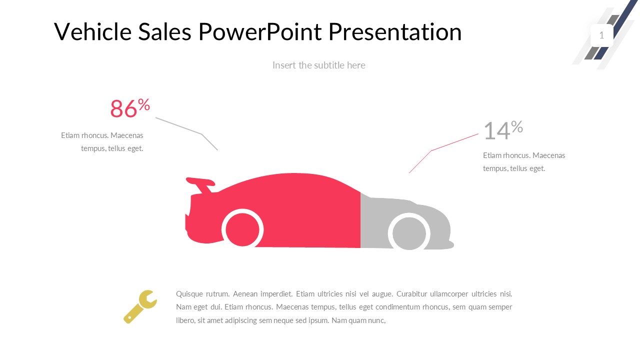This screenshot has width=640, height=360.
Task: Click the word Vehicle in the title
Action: tap(92, 31)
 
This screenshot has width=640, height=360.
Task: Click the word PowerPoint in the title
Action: tap(259, 31)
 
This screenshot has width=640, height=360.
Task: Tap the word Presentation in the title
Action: tap(395, 31)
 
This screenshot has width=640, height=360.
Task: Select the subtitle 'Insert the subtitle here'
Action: tap(319, 65)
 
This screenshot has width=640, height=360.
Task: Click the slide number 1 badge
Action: tap(601, 35)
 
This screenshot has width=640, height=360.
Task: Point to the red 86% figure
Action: tap(130, 107)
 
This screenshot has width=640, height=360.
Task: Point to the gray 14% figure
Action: tap(503, 130)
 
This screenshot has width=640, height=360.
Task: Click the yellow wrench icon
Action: tap(140, 307)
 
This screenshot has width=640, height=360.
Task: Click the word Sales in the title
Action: tap(165, 31)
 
